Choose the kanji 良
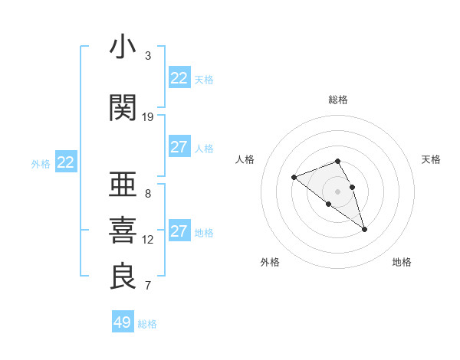click(123, 277)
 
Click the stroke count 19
click(148, 116)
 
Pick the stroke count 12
click(148, 239)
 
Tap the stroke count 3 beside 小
click(148, 56)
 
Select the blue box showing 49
click(123, 322)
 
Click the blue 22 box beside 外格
click(66, 162)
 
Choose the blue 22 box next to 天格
click(179, 78)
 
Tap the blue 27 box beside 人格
click(179, 147)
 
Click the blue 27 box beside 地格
click(179, 231)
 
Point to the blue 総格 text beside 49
click(147, 324)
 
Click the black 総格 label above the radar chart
click(338, 100)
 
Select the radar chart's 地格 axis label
click(402, 262)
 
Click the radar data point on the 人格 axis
click(294, 178)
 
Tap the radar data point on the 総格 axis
click(338, 161)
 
